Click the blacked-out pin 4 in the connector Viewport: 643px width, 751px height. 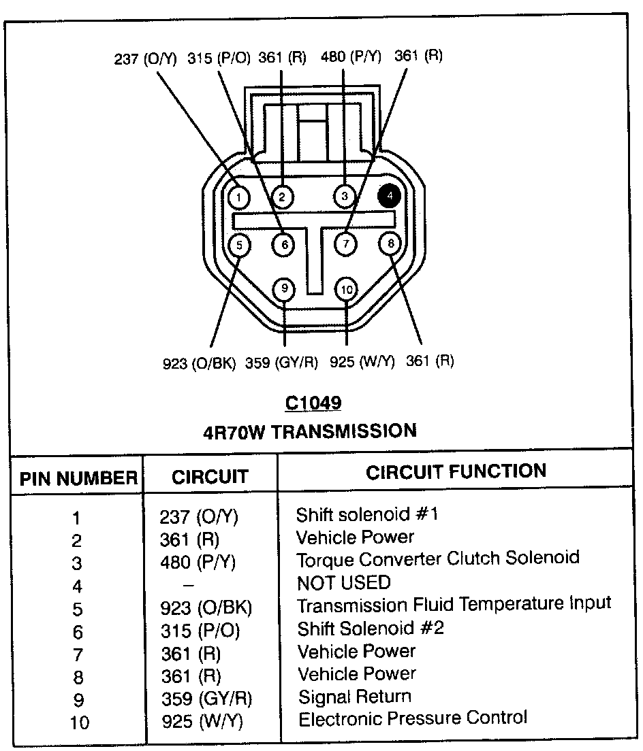pyautogui.click(x=390, y=196)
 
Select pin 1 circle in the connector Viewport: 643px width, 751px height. pyautogui.click(x=238, y=197)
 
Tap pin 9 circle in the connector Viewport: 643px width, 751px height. pyautogui.click(x=284, y=289)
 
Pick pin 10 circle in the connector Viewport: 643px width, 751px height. pyautogui.click(x=347, y=290)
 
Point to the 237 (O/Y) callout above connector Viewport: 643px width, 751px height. pyautogui.click(x=145, y=59)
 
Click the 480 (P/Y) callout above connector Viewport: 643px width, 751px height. pyautogui.click(x=351, y=57)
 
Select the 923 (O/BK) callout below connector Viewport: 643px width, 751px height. pyautogui.click(x=200, y=363)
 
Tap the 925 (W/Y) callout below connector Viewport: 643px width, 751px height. pyautogui.click(x=362, y=362)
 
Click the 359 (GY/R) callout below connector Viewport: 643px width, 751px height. pyautogui.click(x=282, y=363)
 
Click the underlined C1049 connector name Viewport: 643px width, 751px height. pyautogui.click(x=313, y=403)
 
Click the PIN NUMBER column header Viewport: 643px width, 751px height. pyautogui.click(x=78, y=478)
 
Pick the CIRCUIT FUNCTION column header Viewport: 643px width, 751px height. pyautogui.click(x=456, y=471)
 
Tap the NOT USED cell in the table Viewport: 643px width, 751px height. pyautogui.click(x=344, y=582)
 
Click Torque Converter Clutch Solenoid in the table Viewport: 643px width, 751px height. pyautogui.click(x=438, y=558)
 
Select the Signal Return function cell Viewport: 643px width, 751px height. pyautogui.click(x=355, y=697)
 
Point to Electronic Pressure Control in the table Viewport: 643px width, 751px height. pyautogui.click(x=413, y=718)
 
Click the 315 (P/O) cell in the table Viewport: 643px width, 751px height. pyautogui.click(x=201, y=631)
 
